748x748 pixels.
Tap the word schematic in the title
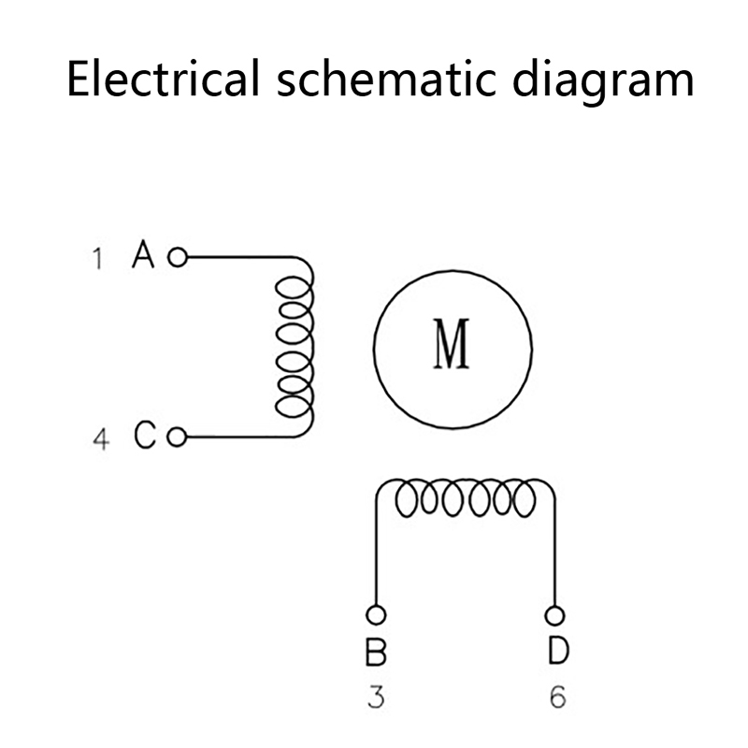(374, 79)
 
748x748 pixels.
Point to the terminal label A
(143, 254)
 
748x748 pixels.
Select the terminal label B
(376, 652)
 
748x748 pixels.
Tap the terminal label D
(556, 652)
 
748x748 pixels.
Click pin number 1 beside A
(97, 258)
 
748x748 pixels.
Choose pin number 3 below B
(376, 698)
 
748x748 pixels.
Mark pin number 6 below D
(557, 698)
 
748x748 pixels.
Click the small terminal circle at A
(177, 255)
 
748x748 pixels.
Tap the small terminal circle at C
(178, 436)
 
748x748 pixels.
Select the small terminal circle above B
(376, 614)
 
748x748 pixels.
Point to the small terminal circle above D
(555, 614)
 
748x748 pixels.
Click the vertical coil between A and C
(295, 346)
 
